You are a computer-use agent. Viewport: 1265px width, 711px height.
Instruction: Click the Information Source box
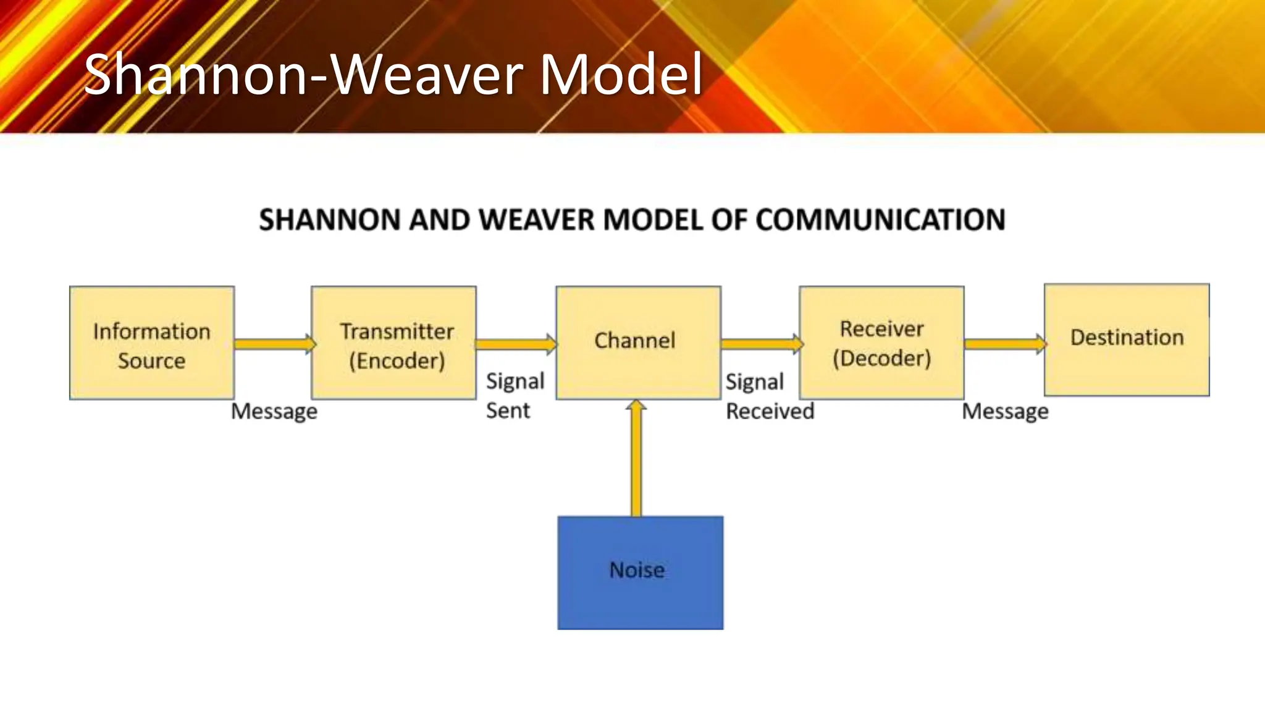(x=151, y=343)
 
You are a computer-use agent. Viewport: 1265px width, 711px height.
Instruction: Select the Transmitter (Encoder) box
(x=393, y=343)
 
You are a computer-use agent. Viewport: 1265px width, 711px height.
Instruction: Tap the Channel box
(x=638, y=343)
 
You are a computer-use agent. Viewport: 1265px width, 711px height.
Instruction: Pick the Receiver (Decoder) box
(x=881, y=343)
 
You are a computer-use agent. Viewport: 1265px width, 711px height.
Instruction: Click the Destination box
(x=1127, y=339)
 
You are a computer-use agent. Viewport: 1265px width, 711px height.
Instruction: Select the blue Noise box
(x=640, y=573)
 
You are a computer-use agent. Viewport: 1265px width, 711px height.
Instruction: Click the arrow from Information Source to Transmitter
(x=274, y=344)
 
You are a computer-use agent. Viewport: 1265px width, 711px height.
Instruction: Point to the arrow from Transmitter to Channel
(x=516, y=344)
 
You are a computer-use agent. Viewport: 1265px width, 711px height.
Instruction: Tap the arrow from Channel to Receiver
(x=760, y=344)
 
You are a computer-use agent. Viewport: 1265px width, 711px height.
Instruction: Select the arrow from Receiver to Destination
(x=1004, y=344)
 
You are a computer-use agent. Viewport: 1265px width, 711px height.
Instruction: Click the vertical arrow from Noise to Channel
(x=636, y=460)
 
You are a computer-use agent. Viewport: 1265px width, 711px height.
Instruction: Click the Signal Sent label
(x=515, y=396)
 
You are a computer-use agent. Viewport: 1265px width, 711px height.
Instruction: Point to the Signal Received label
(x=769, y=396)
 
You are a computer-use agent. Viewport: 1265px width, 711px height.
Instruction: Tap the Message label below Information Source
(x=274, y=411)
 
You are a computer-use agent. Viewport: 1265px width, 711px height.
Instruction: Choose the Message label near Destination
(x=1005, y=411)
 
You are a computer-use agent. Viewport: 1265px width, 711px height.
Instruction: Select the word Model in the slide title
(x=621, y=75)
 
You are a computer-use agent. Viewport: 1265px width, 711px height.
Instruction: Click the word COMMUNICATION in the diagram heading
(x=880, y=220)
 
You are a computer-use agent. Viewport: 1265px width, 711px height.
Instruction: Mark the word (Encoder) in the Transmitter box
(x=397, y=360)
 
